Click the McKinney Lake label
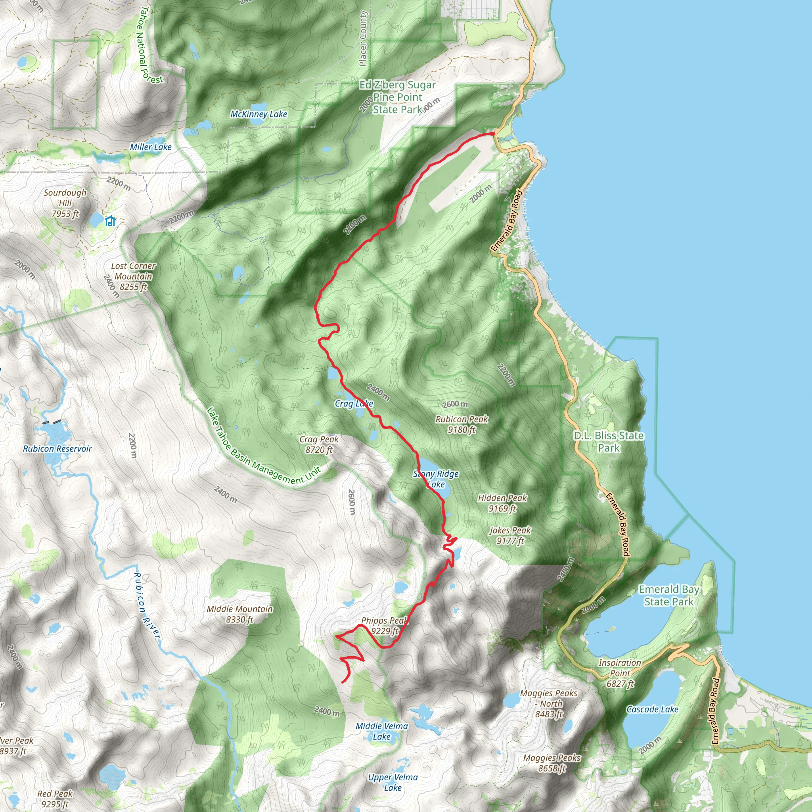pyautogui.click(x=259, y=114)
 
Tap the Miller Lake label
pyautogui.click(x=150, y=147)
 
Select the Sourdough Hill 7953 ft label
pyautogui.click(x=65, y=203)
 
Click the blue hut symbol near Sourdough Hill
pyautogui.click(x=110, y=221)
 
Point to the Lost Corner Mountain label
pyautogui.click(x=133, y=276)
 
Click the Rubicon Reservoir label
pyautogui.click(x=57, y=448)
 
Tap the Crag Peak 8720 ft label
pyautogui.click(x=319, y=444)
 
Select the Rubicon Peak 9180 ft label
pyautogui.click(x=462, y=424)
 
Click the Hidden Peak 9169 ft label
pyautogui.click(x=502, y=503)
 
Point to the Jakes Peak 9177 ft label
pyautogui.click(x=510, y=535)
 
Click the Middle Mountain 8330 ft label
pyautogui.click(x=239, y=614)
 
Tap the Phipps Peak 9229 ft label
pyautogui.click(x=384, y=625)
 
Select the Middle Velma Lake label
pyautogui.click(x=382, y=731)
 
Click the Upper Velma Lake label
pyautogui.click(x=393, y=782)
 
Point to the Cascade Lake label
pyautogui.click(x=652, y=709)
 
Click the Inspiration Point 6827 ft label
pyautogui.click(x=620, y=673)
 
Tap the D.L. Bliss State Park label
pyautogui.click(x=609, y=441)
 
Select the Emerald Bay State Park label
pyautogui.click(x=669, y=595)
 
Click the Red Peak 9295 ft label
pyautogui.click(x=55, y=799)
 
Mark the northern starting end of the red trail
pyautogui.click(x=492, y=134)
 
